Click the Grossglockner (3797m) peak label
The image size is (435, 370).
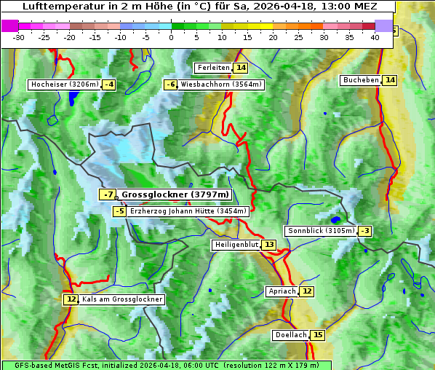(175, 194)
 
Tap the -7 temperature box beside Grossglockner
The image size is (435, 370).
(107, 194)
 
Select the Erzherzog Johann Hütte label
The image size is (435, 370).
(188, 211)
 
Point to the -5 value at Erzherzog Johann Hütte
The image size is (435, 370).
(119, 211)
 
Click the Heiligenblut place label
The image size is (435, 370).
(236, 245)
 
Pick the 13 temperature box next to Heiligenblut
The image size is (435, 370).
(269, 245)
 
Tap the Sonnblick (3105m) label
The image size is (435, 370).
(321, 231)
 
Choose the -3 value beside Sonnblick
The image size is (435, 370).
(365, 231)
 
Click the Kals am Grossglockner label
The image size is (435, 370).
(122, 299)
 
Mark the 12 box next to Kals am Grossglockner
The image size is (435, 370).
(71, 299)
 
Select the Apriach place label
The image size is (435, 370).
(282, 291)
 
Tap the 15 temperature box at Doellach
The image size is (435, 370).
(318, 335)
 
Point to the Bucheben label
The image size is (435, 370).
(361, 80)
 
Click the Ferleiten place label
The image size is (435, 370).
(213, 68)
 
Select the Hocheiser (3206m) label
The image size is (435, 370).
(64, 84)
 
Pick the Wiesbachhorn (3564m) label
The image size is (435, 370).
(221, 84)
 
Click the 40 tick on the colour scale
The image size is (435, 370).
(375, 37)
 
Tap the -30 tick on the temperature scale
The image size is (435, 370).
(19, 37)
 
